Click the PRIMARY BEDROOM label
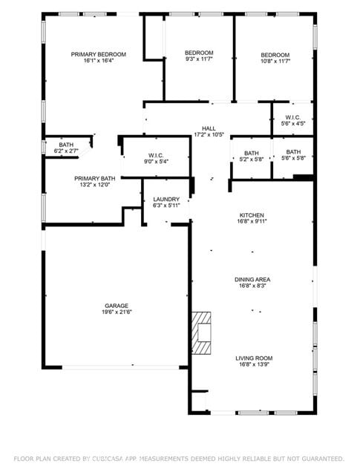98,54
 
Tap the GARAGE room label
117,306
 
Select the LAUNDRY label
166,200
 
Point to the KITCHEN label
252,214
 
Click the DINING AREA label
252,280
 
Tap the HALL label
209,128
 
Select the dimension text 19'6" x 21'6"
117,312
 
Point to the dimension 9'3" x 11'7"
199,60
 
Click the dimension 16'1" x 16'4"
98,61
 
